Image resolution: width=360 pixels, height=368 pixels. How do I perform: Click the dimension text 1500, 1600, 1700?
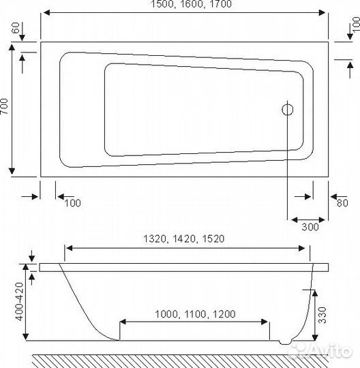click(x=183, y=5)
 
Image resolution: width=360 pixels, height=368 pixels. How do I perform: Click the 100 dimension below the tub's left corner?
click(x=72, y=202)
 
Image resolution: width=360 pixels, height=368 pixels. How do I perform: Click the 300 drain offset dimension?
click(x=310, y=228)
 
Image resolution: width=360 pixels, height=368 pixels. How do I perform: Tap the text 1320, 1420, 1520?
click(x=185, y=240)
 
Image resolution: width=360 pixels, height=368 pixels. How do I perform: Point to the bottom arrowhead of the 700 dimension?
click(x=13, y=173)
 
